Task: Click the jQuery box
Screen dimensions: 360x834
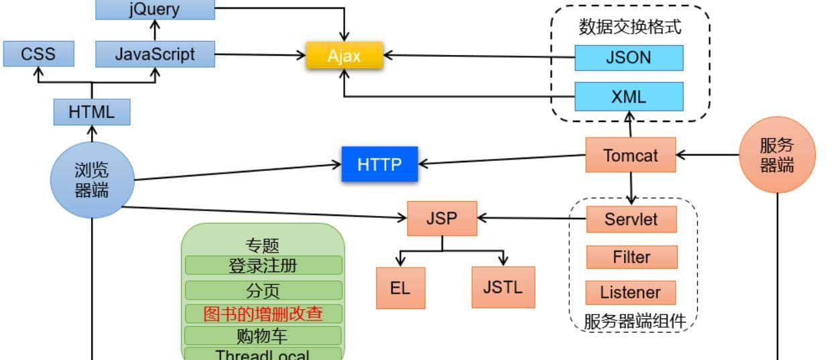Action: point(155,9)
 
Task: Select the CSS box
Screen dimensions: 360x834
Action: point(38,54)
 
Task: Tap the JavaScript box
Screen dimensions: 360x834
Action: point(155,54)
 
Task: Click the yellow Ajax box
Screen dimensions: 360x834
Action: point(344,56)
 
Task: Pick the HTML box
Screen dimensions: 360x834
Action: point(92,112)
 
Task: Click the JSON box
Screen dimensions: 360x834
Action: point(629,58)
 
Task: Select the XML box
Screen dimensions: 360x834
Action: point(629,97)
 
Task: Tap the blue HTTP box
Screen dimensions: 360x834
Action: point(379,164)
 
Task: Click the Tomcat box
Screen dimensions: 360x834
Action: point(630,156)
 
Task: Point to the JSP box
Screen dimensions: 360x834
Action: point(442,218)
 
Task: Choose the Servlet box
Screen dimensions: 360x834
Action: point(631,219)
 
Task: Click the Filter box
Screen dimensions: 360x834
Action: point(632,257)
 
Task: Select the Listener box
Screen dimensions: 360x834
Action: point(630,292)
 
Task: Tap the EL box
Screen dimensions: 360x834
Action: point(400,288)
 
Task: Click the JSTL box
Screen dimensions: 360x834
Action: point(503,287)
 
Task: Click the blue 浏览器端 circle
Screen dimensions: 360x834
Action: point(92,180)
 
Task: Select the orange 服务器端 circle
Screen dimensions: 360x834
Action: point(777,155)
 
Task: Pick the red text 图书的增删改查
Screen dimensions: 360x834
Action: point(263,314)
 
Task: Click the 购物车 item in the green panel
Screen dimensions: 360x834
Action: point(263,335)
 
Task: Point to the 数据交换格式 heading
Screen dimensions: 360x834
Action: point(630,27)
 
